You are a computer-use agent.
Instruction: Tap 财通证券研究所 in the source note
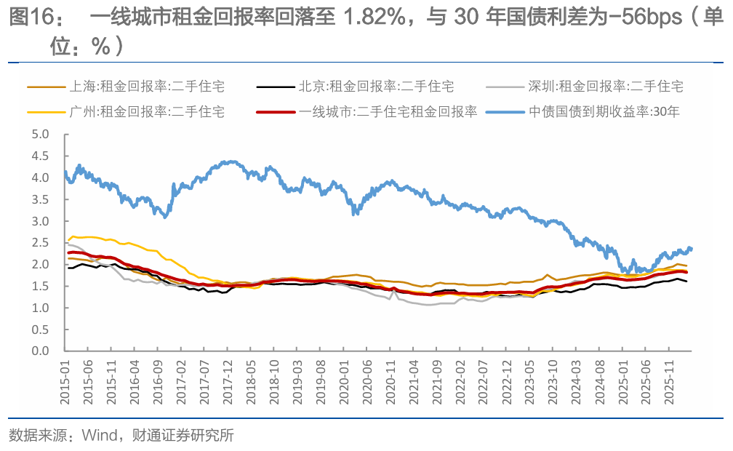click(x=183, y=436)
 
